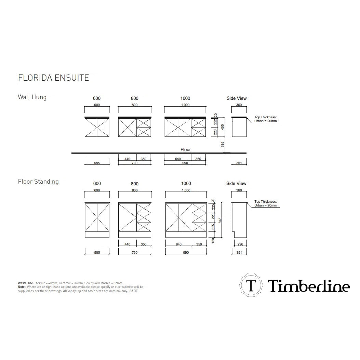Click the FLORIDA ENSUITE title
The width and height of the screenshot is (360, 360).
53,78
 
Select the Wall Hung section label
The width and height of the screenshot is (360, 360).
32,97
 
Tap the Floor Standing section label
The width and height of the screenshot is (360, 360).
38,182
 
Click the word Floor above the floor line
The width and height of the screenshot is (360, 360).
186,149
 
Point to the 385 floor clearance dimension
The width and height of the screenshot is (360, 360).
222,144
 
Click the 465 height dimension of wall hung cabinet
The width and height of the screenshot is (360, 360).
222,127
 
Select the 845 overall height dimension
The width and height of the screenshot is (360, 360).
220,221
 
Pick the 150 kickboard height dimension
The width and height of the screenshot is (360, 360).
213,241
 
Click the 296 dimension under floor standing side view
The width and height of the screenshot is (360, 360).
240,244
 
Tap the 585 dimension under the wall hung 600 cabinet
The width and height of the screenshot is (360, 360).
97,163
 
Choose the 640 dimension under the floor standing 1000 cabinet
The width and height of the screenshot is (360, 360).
178,244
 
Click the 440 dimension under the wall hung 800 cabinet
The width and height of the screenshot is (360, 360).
127,159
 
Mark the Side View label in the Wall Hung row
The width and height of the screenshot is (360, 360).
237,98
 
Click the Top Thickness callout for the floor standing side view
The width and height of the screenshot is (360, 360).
266,203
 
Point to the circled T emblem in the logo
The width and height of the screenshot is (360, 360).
251,285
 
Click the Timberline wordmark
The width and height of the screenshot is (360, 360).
309,286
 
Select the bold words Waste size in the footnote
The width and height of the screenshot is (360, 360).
26,283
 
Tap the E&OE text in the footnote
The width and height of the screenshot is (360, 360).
134,291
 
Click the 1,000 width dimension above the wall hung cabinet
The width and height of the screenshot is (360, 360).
185,105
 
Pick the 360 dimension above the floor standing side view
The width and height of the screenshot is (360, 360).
239,190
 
